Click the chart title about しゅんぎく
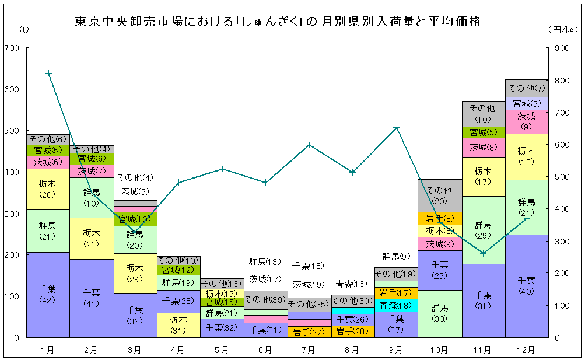[278, 22]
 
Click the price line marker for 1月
[48, 73]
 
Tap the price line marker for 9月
[397, 127]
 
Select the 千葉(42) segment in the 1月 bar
[48, 295]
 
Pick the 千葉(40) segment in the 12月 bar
[527, 286]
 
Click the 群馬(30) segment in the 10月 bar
[440, 313]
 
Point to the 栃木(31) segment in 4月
[178, 325]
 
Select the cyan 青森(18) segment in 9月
[396, 305]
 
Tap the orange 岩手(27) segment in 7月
[309, 332]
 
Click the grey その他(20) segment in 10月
[440, 195]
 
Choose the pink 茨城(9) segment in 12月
[527, 121]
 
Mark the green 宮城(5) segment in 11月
[484, 132]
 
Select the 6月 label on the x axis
[265, 350]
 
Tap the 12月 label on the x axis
[527, 350]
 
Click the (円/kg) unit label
[562, 29]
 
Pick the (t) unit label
[23, 29]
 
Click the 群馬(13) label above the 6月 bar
[265, 261]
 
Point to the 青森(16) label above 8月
[352, 284]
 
